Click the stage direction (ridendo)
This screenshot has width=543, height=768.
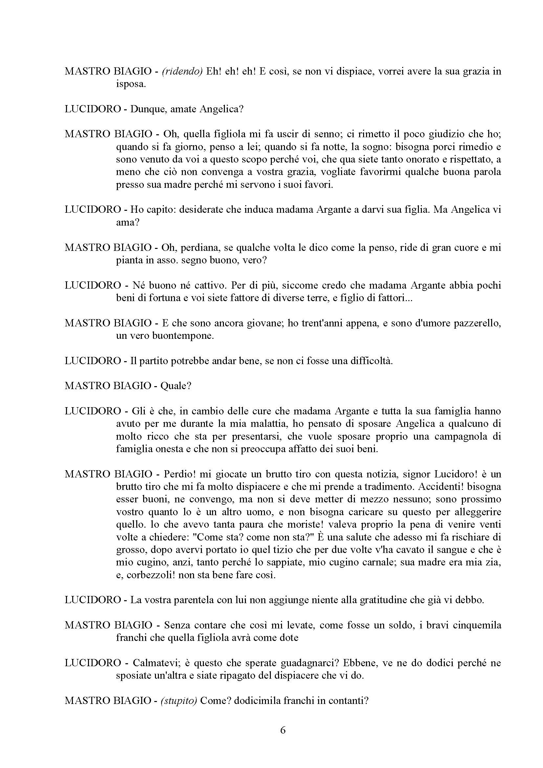(182, 72)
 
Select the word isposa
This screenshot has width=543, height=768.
(131, 84)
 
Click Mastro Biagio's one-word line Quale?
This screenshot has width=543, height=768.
(176, 386)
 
